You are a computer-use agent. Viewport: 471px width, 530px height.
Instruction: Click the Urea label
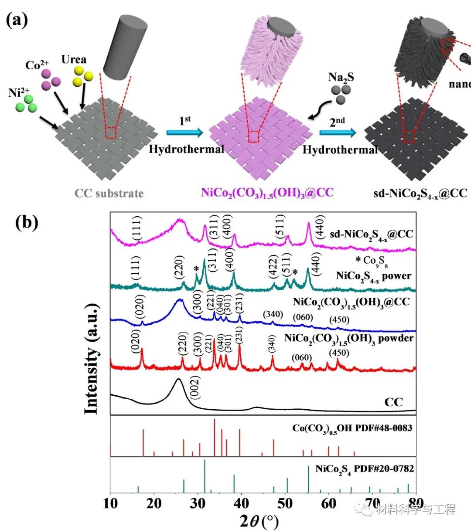click(74, 59)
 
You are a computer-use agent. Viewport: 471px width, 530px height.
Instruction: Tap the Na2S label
click(341, 78)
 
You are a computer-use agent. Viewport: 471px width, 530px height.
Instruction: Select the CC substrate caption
click(109, 193)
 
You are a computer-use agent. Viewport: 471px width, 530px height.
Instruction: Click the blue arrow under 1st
click(184, 132)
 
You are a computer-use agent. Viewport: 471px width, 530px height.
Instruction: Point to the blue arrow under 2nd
click(337, 132)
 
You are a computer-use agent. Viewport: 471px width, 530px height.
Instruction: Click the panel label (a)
click(17, 20)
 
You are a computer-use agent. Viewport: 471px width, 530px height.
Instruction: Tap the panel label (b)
click(27, 222)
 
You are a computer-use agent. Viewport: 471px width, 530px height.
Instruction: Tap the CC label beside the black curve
click(393, 401)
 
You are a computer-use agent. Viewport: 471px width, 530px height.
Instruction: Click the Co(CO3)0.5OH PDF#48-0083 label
click(352, 428)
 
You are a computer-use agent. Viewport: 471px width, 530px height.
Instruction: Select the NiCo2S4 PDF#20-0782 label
click(365, 469)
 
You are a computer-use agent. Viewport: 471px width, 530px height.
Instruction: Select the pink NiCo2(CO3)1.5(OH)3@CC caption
click(267, 192)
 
